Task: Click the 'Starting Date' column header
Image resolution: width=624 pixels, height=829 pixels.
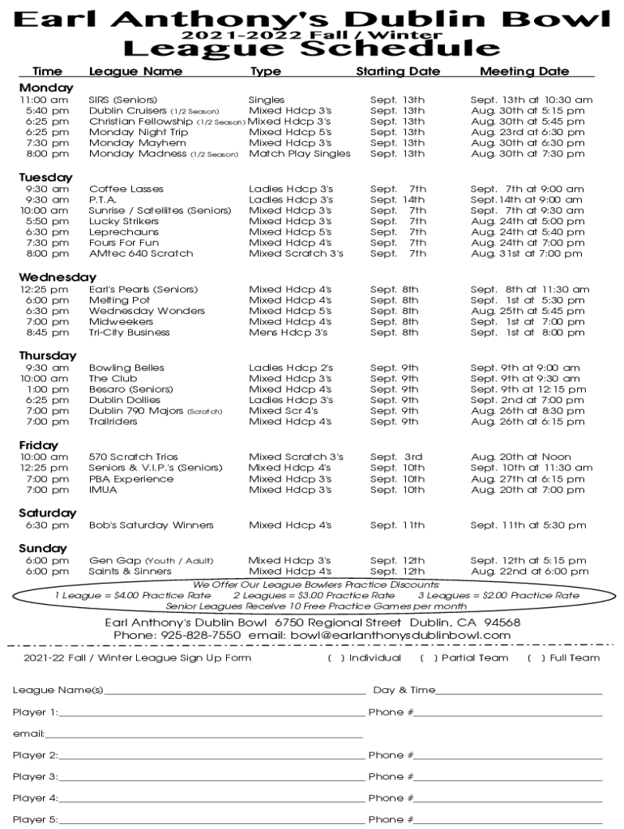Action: [x=398, y=71]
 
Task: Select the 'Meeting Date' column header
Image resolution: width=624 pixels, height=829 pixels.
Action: [x=524, y=71]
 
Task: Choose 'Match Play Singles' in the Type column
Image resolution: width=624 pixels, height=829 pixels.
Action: [x=299, y=153]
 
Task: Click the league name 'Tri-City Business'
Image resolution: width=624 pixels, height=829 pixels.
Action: [x=129, y=332]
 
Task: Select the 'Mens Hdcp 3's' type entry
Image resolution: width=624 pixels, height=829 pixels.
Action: [x=288, y=332]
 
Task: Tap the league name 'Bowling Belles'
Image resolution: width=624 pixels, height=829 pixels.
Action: [x=126, y=368]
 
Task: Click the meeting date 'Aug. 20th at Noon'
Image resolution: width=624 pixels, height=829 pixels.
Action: [x=520, y=457]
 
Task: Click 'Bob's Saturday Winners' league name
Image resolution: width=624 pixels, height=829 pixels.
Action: [x=151, y=525]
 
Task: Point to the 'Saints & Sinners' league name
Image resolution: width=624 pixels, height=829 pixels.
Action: [x=130, y=571]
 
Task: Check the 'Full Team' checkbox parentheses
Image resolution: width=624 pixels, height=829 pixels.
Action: [x=535, y=658]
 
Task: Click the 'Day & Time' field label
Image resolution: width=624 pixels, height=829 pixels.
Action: [x=404, y=691]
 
